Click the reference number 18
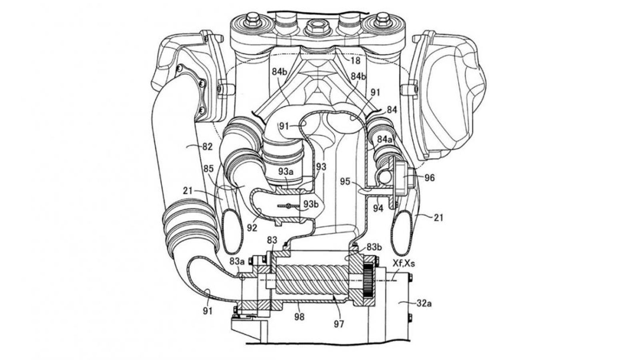point(355,61)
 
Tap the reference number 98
point(299,317)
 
